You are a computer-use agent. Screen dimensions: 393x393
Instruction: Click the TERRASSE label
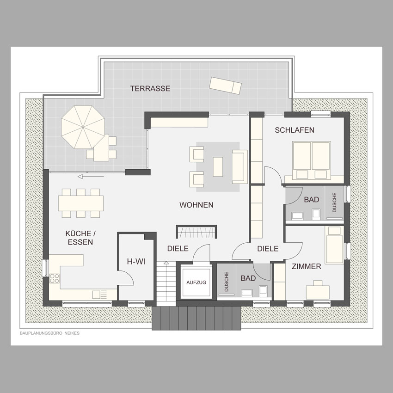pos(150,88)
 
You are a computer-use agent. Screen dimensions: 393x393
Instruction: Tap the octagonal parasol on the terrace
pos(83,127)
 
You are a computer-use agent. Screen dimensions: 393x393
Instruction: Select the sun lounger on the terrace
pos(225,85)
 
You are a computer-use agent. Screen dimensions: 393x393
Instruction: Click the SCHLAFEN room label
pos(295,130)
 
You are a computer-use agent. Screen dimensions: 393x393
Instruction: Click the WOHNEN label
pos(196,205)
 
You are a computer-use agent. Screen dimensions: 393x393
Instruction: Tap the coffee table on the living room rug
pos(218,166)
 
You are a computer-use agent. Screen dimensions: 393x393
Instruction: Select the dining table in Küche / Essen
pos(81,203)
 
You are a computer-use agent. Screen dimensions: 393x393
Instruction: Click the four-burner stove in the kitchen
pos(55,278)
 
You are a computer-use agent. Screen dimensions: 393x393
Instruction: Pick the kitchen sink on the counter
pos(99,295)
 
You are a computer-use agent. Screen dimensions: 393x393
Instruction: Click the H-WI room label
pos(136,262)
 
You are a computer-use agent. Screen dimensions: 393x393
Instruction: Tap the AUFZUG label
pos(196,282)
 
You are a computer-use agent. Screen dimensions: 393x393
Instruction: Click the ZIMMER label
pos(306,266)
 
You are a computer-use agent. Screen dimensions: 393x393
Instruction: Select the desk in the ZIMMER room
pos(318,292)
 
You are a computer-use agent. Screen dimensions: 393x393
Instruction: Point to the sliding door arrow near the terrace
pos(91,177)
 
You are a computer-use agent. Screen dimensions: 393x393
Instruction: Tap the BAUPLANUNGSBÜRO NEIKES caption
pos(49,333)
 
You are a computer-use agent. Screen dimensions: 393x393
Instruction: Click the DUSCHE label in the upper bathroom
pos(334,203)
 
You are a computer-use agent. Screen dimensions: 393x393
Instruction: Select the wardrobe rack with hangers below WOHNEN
pos(196,232)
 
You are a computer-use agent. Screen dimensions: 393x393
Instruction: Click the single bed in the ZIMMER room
pos(334,245)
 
